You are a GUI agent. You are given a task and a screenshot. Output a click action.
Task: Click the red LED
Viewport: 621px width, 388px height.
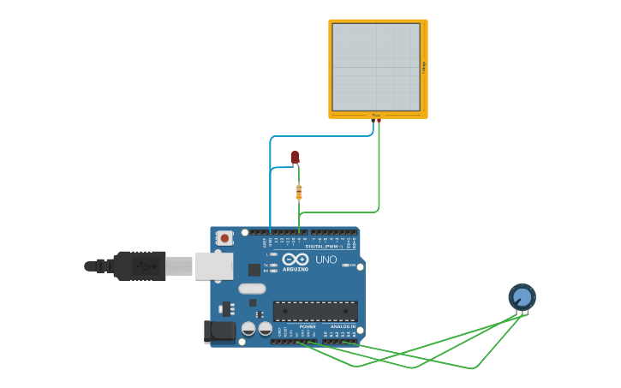pos(295,157)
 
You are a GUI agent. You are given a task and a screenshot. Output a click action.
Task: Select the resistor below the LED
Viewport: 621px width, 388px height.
pos(299,192)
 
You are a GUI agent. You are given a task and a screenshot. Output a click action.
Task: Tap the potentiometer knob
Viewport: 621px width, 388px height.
pos(522,297)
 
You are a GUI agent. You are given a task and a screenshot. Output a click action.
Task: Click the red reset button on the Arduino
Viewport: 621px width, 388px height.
pos(224,238)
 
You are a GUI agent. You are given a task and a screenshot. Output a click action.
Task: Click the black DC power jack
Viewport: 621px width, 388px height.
pos(218,331)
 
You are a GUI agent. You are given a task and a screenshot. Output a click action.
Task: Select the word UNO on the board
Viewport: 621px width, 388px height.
pos(326,260)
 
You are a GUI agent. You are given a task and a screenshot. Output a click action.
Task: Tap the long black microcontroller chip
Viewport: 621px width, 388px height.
pos(315,311)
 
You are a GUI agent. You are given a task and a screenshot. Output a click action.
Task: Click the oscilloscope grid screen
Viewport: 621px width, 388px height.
pos(376,66)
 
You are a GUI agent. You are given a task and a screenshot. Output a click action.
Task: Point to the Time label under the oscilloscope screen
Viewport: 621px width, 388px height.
pos(376,115)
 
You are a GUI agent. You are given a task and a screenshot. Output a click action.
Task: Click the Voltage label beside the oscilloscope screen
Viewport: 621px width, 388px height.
pos(424,67)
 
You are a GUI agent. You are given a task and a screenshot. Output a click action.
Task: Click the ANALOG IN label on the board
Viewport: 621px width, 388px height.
pos(343,326)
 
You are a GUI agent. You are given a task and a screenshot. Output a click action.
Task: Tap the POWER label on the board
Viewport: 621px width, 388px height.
pos(307,326)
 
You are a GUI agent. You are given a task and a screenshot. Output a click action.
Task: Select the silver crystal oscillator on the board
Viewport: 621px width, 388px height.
pos(252,289)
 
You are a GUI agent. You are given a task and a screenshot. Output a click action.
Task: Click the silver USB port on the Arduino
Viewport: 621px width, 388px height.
pos(213,266)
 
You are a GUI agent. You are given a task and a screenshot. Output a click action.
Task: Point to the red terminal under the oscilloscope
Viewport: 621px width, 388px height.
pos(379,121)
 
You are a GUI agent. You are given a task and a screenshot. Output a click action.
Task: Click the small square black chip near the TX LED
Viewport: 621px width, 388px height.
pos(254,269)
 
